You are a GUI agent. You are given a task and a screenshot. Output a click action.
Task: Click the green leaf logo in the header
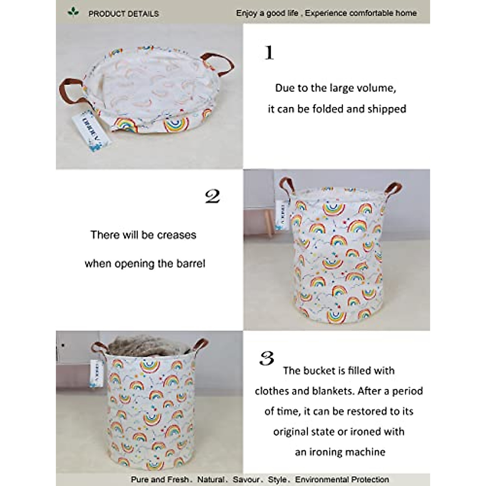(73, 13)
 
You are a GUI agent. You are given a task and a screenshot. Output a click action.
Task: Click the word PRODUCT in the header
(105, 14)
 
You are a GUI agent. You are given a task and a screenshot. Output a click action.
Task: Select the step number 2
(213, 197)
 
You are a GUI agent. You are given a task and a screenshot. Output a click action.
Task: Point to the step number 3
(266, 358)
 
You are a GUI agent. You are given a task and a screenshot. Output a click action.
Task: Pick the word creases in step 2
(177, 235)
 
